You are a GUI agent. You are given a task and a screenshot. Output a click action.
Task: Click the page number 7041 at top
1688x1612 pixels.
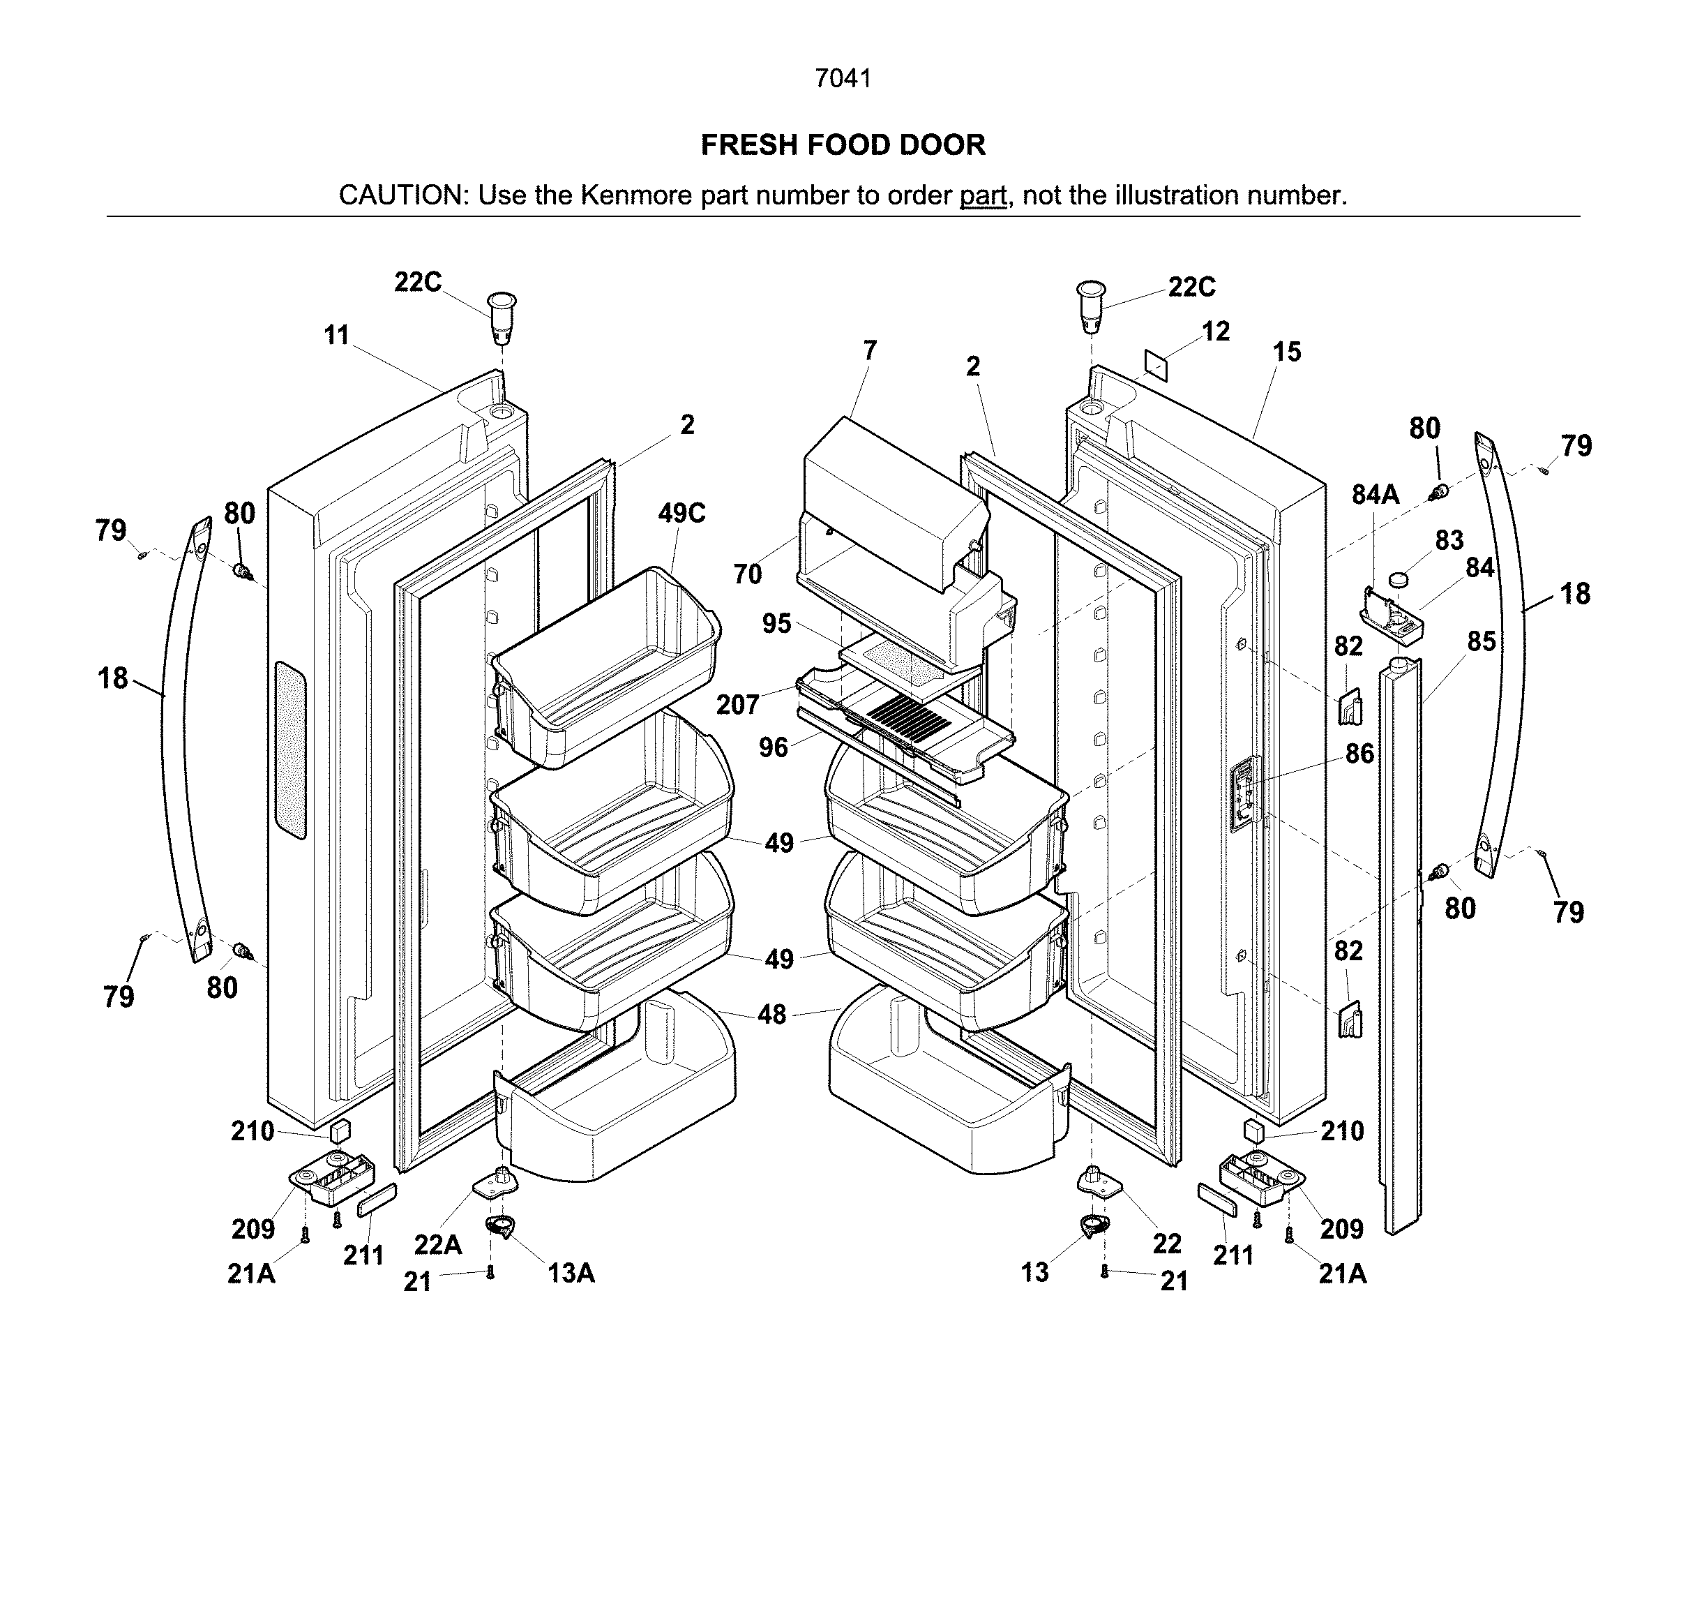click(843, 78)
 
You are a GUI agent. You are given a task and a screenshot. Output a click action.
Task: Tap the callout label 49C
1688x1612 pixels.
click(681, 513)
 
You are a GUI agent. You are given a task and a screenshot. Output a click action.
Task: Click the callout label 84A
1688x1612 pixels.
click(1376, 494)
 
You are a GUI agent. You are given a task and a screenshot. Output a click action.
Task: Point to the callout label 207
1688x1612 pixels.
click(737, 705)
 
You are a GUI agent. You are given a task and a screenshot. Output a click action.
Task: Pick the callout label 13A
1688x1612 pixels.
click(571, 1273)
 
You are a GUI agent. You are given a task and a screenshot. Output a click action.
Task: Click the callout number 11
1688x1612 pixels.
click(337, 335)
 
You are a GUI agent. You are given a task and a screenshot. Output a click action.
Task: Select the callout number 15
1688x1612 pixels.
click(1286, 352)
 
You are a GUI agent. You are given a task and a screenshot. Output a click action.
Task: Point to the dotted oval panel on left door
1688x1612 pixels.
click(290, 749)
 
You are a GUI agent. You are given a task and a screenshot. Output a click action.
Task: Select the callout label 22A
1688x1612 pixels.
click(437, 1244)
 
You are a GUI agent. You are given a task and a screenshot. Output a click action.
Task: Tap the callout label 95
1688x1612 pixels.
click(776, 624)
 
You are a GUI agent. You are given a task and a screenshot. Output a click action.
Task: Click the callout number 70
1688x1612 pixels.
click(747, 574)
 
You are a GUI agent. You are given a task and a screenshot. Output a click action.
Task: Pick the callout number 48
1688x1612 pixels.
click(771, 1015)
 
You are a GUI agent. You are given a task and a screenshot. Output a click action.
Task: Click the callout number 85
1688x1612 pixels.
click(1481, 641)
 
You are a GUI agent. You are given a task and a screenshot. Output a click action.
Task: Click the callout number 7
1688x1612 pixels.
click(871, 350)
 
